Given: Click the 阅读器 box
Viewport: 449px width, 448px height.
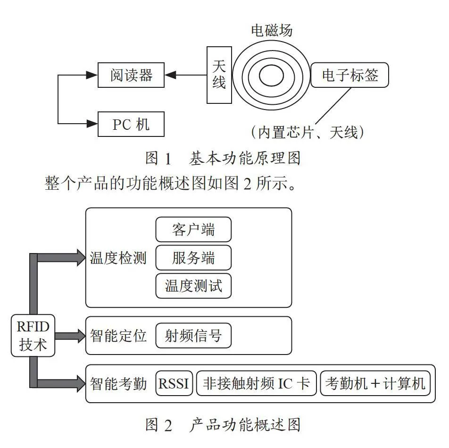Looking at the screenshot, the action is click(x=131, y=75).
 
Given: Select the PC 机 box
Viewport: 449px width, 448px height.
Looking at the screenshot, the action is click(x=131, y=124).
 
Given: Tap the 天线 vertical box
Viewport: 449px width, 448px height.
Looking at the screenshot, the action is click(x=219, y=75).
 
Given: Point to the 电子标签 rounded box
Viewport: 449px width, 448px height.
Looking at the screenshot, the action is click(x=349, y=75).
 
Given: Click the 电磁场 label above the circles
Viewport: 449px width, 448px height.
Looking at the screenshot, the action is click(x=272, y=30).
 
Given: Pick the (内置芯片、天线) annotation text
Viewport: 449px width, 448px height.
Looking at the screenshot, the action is click(x=308, y=133).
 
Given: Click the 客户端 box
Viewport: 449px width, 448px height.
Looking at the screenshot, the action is click(x=193, y=229).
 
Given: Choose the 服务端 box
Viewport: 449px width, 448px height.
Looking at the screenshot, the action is click(x=193, y=257).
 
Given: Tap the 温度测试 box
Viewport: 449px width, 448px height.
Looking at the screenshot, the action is click(x=193, y=286).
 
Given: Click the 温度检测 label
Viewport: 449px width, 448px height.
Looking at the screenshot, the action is click(x=118, y=258).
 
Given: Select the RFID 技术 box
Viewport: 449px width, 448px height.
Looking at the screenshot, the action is click(x=33, y=335).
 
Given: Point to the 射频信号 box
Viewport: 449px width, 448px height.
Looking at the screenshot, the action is click(x=193, y=335).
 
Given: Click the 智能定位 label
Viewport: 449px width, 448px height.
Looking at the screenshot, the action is click(x=118, y=336).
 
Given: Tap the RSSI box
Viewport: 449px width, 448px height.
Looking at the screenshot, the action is click(x=174, y=383).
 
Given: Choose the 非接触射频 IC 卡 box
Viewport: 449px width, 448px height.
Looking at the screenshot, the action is click(x=256, y=383).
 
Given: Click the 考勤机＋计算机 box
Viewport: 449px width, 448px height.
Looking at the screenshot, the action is click(x=375, y=383).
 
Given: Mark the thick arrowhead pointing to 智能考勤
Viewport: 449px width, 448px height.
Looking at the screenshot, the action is click(x=81, y=383).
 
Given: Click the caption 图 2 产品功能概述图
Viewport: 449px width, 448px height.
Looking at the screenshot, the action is click(x=223, y=425).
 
